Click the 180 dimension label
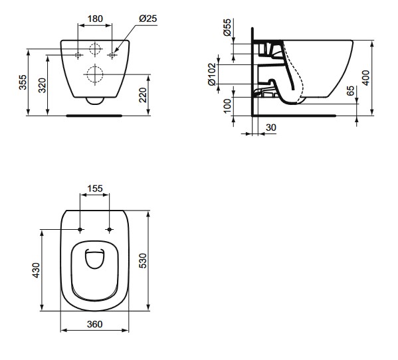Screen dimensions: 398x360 [x=95, y=19]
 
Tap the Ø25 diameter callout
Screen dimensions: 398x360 [x=148, y=19]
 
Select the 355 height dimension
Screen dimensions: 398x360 [x=23, y=82]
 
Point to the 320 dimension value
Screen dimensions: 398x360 [x=42, y=85]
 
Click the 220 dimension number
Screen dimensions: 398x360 [x=143, y=95]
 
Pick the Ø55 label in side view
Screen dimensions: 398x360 [x=227, y=27]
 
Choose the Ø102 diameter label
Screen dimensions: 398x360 [x=212, y=74]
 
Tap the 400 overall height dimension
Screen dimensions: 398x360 [x=365, y=78]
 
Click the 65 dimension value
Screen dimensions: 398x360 [x=350, y=91]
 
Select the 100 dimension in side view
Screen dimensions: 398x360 [x=227, y=106]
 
